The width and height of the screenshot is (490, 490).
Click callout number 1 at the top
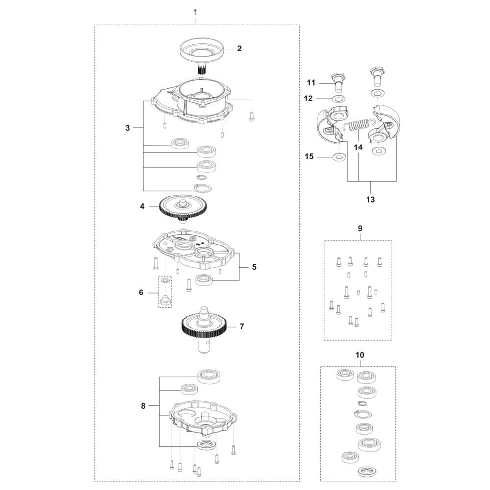(x=196, y=13)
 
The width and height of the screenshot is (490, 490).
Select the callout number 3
(x=127, y=128)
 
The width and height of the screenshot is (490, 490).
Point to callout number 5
(x=254, y=267)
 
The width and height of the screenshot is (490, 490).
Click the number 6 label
(x=141, y=293)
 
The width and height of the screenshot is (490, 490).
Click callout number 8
(x=143, y=406)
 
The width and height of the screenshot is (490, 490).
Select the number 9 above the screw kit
(x=360, y=228)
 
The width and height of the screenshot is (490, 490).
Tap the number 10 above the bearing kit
(x=360, y=355)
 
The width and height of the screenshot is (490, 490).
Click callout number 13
(x=370, y=200)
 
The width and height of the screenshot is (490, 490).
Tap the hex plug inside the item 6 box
(x=165, y=300)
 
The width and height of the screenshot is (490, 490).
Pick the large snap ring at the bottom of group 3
(x=202, y=188)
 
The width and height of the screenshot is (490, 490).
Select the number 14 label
(x=358, y=147)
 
